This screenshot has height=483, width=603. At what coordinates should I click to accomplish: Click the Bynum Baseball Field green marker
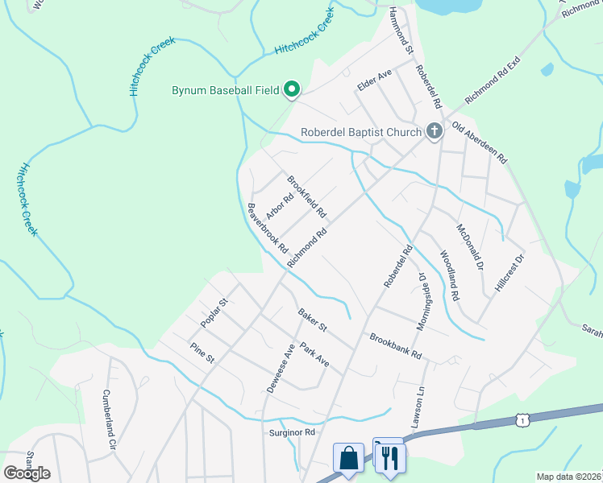pos(292,90)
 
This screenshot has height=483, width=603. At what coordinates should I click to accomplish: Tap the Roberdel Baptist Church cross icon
pos(435,131)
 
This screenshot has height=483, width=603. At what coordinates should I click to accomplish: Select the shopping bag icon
pos(348,458)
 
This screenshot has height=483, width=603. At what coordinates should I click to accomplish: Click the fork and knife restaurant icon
pos(389,457)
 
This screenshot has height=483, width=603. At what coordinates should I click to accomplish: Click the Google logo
pos(27,473)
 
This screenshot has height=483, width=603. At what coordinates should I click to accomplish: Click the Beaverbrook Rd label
pos(268,228)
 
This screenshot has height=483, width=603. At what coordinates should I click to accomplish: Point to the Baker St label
pos(312,320)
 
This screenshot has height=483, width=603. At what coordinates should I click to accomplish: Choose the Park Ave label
pos(314,355)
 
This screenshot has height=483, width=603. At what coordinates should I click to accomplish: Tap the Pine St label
pos(202,352)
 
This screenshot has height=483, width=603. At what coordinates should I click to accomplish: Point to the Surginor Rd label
pos(292,432)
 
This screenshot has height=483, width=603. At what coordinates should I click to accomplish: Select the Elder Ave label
pos(375,79)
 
